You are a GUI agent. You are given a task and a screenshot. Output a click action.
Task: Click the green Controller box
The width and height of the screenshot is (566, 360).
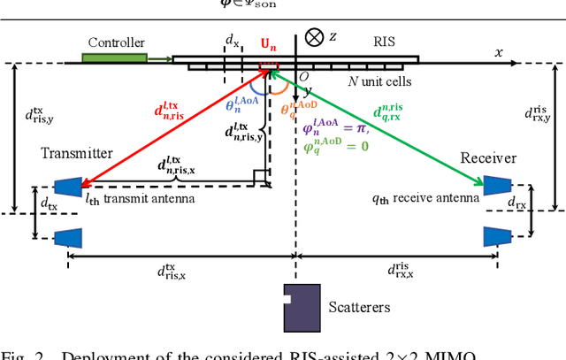point(114,58)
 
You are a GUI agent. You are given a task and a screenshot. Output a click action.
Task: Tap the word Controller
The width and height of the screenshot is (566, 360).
point(116,42)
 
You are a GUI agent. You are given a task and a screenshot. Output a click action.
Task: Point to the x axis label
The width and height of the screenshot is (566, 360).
point(499,52)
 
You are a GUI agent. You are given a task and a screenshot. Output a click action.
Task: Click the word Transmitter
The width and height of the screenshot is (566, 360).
point(77,153)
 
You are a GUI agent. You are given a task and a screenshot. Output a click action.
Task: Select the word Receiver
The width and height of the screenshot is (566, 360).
point(488,157)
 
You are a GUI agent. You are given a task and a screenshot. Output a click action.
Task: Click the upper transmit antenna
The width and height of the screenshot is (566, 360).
point(67,187)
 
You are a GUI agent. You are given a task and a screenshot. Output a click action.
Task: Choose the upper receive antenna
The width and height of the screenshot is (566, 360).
point(495,187)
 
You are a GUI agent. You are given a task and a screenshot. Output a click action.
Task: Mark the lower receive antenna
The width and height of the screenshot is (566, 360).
point(495,236)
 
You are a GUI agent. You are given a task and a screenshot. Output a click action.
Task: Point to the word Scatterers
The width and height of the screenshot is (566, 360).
point(358,308)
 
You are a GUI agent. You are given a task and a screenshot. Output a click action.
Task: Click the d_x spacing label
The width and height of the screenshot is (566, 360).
point(232,41)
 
